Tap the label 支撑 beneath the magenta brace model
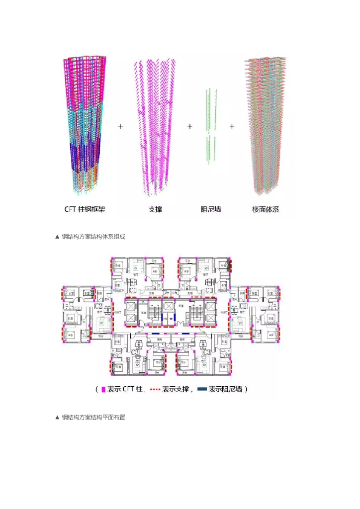pos(155,209)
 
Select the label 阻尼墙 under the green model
pos(211,209)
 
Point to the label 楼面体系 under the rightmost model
pos(266,209)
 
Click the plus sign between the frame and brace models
pos(120,127)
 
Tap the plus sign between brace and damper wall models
pos(189,127)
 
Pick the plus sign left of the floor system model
pos(232,127)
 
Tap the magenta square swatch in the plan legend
pos(103,390)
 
